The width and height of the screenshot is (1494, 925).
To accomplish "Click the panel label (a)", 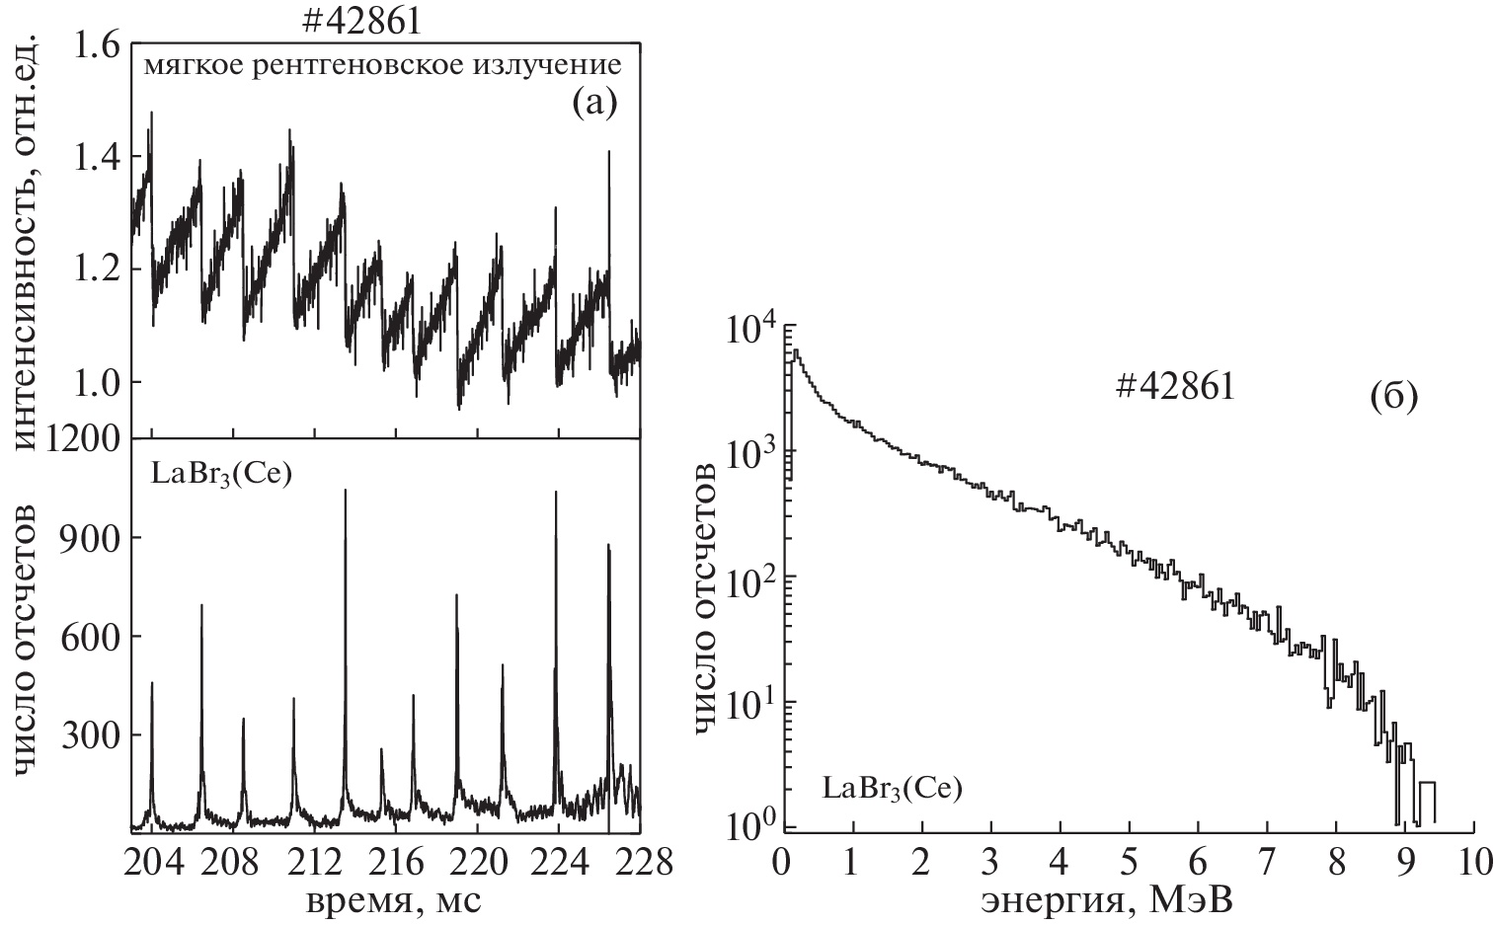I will (x=594, y=104).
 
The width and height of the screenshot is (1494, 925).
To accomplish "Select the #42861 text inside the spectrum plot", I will (x=1175, y=388).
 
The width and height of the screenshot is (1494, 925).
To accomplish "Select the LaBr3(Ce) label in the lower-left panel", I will (x=222, y=473).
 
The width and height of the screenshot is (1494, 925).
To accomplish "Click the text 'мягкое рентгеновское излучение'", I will (x=382, y=67).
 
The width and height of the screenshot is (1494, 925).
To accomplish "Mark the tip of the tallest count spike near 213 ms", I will (x=346, y=490).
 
